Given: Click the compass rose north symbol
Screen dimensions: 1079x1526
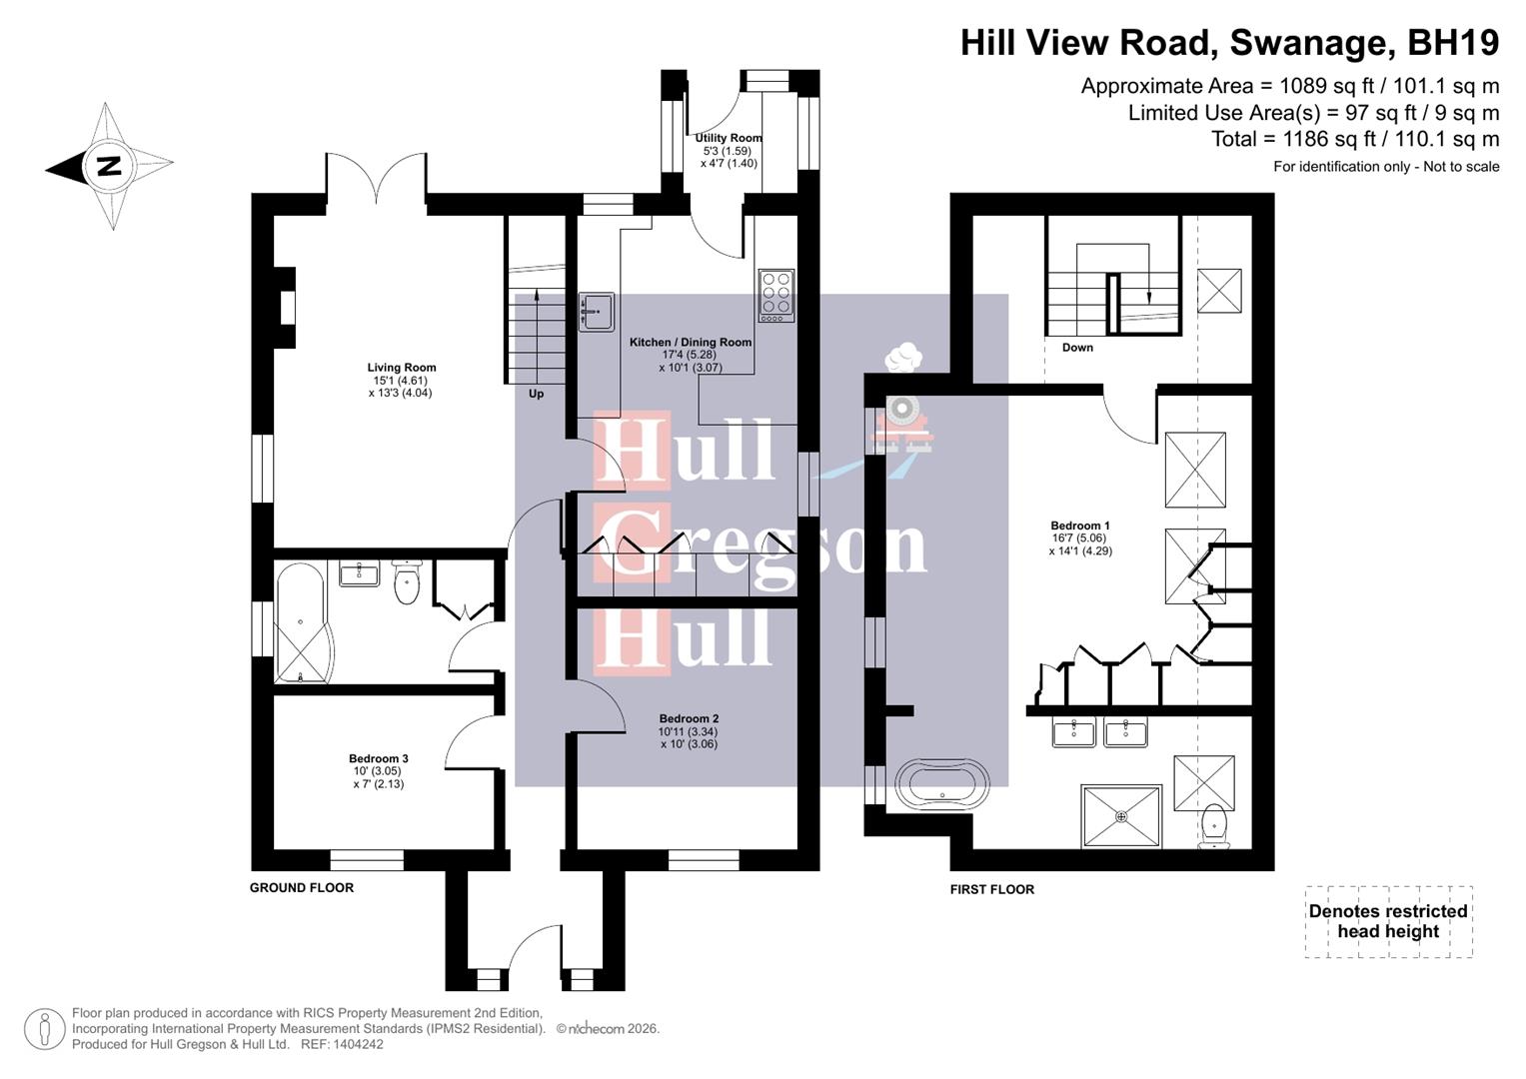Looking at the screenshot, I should (x=108, y=166).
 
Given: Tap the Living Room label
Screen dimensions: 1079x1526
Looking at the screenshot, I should (x=401, y=380).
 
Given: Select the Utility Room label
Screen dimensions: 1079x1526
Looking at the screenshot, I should (x=729, y=150).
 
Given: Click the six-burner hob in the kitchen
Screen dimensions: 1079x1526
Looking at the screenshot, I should (x=776, y=296).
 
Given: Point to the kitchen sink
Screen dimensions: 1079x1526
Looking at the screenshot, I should (x=597, y=311).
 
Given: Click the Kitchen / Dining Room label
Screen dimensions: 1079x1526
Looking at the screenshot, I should (x=690, y=355).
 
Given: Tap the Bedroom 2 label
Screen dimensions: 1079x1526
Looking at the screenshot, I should (x=689, y=731).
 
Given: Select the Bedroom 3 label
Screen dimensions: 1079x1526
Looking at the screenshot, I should (x=378, y=771).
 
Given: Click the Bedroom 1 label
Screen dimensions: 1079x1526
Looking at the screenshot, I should (x=1079, y=538).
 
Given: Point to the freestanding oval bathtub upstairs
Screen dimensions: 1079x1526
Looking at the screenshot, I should (x=942, y=783).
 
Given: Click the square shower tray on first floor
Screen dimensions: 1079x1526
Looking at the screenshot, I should (x=1121, y=816).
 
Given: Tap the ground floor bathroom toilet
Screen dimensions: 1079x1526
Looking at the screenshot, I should (x=407, y=583).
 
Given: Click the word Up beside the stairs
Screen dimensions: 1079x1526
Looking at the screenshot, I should (x=536, y=394).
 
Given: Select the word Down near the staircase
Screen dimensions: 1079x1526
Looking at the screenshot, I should (x=1077, y=348).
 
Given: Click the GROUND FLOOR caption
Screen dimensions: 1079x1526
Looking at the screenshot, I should (x=302, y=887).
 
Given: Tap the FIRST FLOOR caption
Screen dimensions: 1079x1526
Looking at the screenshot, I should (x=991, y=889).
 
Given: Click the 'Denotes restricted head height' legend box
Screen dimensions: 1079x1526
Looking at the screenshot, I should (x=1388, y=921).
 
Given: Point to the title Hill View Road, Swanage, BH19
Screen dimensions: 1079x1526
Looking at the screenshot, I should (x=1229, y=43).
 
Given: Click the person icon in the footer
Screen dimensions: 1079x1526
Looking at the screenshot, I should (x=44, y=1029).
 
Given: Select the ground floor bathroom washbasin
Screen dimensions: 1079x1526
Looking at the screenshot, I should (x=359, y=574).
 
